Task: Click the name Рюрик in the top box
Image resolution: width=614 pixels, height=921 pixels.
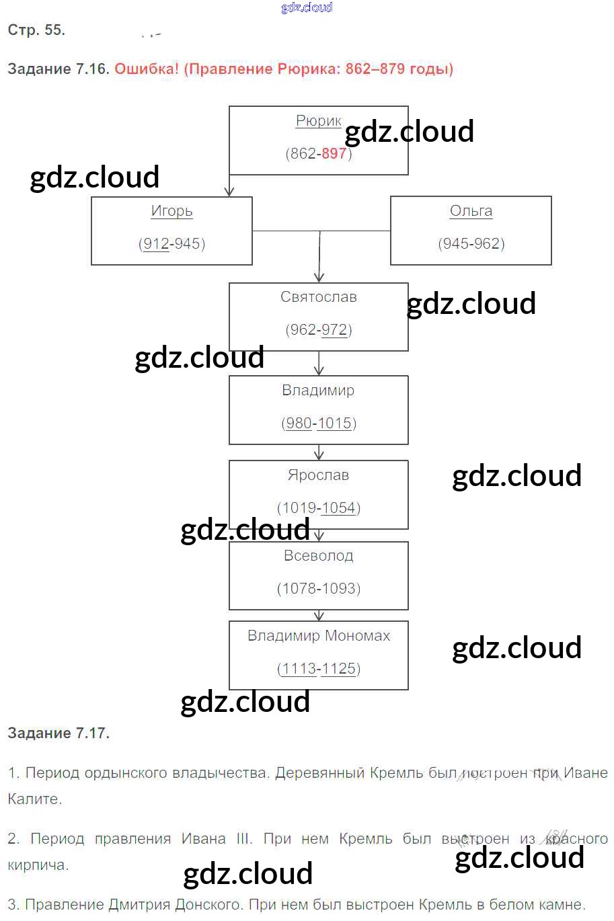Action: tap(318, 121)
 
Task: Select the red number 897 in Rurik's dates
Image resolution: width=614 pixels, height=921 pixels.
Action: tap(334, 153)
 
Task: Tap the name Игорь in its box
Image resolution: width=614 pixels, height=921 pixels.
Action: tap(171, 211)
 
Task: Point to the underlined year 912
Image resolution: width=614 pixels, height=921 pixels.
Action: tap(156, 243)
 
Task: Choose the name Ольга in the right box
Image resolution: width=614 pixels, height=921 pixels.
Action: tap(471, 211)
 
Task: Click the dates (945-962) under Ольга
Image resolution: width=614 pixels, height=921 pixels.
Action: tap(471, 243)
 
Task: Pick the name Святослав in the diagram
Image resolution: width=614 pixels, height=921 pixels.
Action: tap(318, 297)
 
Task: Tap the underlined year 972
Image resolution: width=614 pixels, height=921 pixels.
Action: tap(334, 329)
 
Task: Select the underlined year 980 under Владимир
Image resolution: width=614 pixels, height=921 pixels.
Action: tap(299, 423)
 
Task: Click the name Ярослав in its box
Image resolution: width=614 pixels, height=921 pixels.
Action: tap(318, 475)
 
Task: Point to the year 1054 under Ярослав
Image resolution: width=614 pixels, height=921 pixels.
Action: tap(338, 508)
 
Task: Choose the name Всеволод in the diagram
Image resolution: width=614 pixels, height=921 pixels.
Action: tap(318, 556)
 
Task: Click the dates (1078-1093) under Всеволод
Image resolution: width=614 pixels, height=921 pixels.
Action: tap(318, 588)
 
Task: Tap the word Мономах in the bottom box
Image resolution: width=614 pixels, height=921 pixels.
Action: tap(357, 636)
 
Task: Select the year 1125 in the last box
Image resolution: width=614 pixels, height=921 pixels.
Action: tap(338, 668)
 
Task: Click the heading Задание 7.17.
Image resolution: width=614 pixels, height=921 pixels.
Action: tap(59, 733)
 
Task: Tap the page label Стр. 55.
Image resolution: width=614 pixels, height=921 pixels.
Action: tap(36, 30)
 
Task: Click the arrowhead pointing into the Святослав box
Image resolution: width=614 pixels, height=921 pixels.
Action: tap(319, 277)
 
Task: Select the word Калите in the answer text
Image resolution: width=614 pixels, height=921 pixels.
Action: tap(34, 799)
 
